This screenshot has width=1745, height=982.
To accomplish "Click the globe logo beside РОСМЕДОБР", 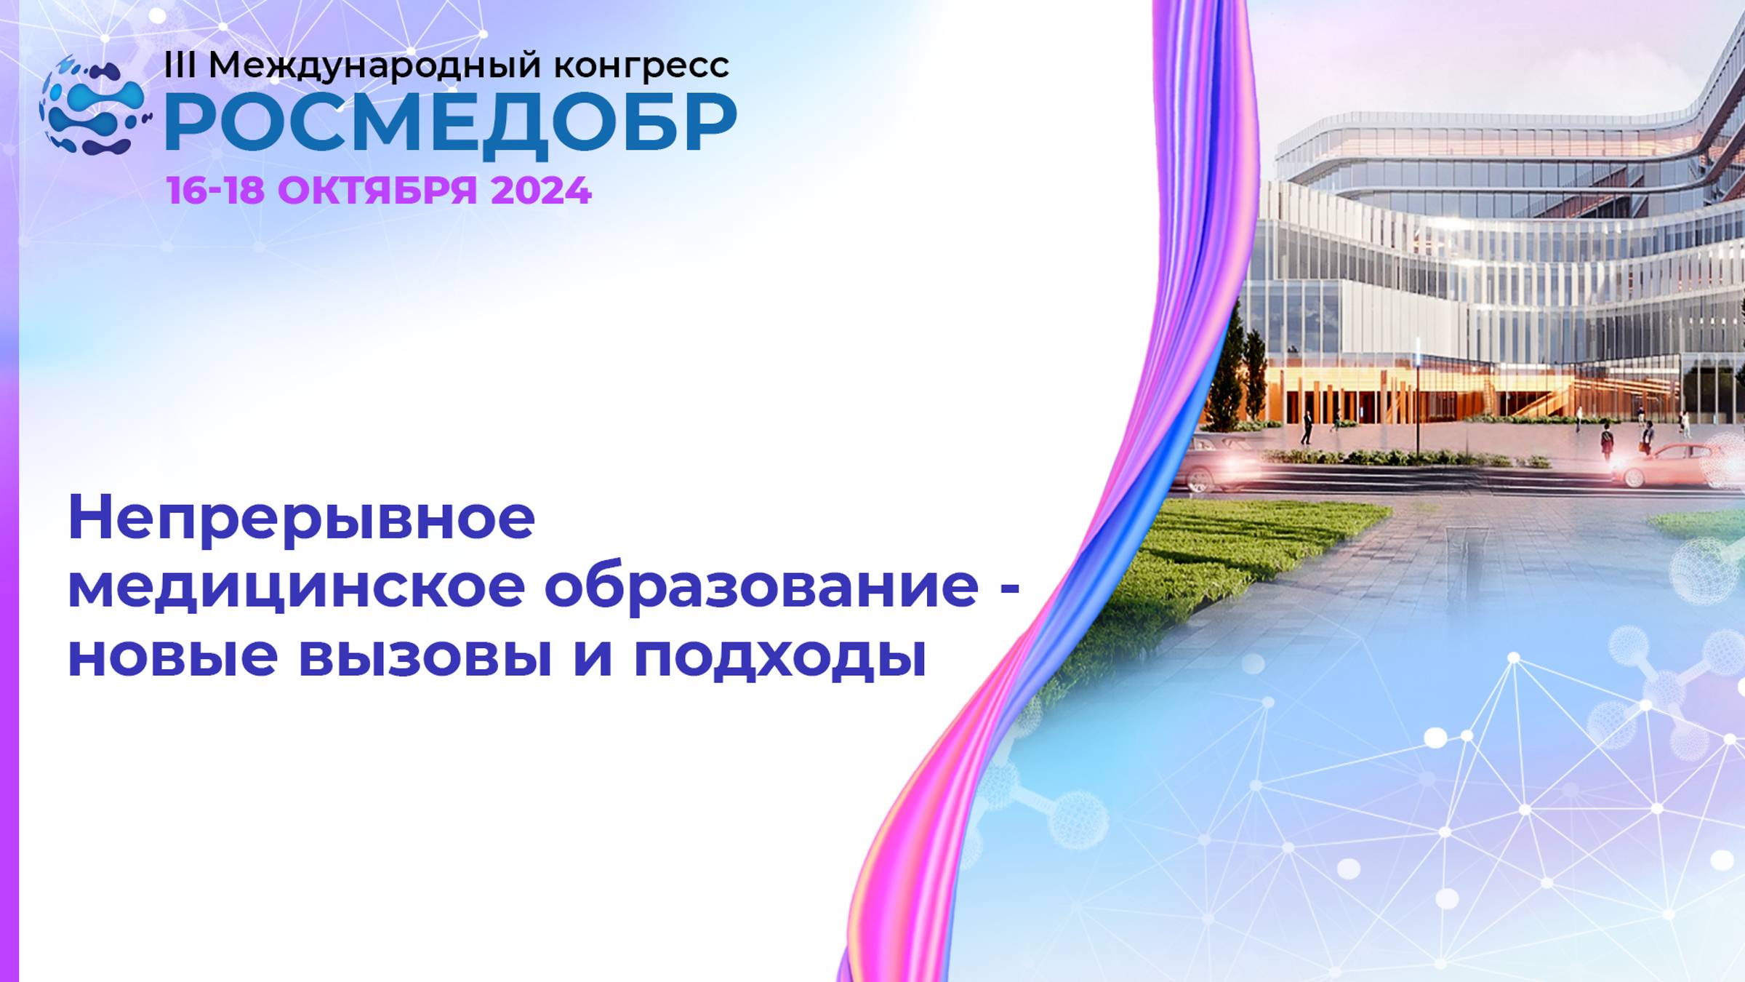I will (x=93, y=106).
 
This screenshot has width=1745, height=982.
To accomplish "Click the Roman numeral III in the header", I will (x=180, y=65).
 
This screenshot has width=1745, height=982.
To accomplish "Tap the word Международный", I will (x=375, y=66).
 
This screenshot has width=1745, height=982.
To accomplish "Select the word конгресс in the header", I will (x=641, y=66).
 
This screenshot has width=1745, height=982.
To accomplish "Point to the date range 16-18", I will (x=215, y=191).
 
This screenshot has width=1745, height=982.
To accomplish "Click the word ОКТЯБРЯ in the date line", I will (x=377, y=191).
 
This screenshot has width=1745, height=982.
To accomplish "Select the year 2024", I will (x=541, y=191).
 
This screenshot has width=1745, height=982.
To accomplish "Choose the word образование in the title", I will (x=761, y=588).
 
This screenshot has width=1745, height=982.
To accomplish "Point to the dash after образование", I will (x=1010, y=588).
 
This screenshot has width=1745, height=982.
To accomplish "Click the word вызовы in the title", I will (x=424, y=656).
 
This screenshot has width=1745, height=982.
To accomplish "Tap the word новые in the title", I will (x=172, y=656).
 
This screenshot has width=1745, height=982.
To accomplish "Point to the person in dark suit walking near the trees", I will (x=1307, y=428).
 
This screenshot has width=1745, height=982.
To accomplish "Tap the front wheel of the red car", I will (x=1634, y=477).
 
